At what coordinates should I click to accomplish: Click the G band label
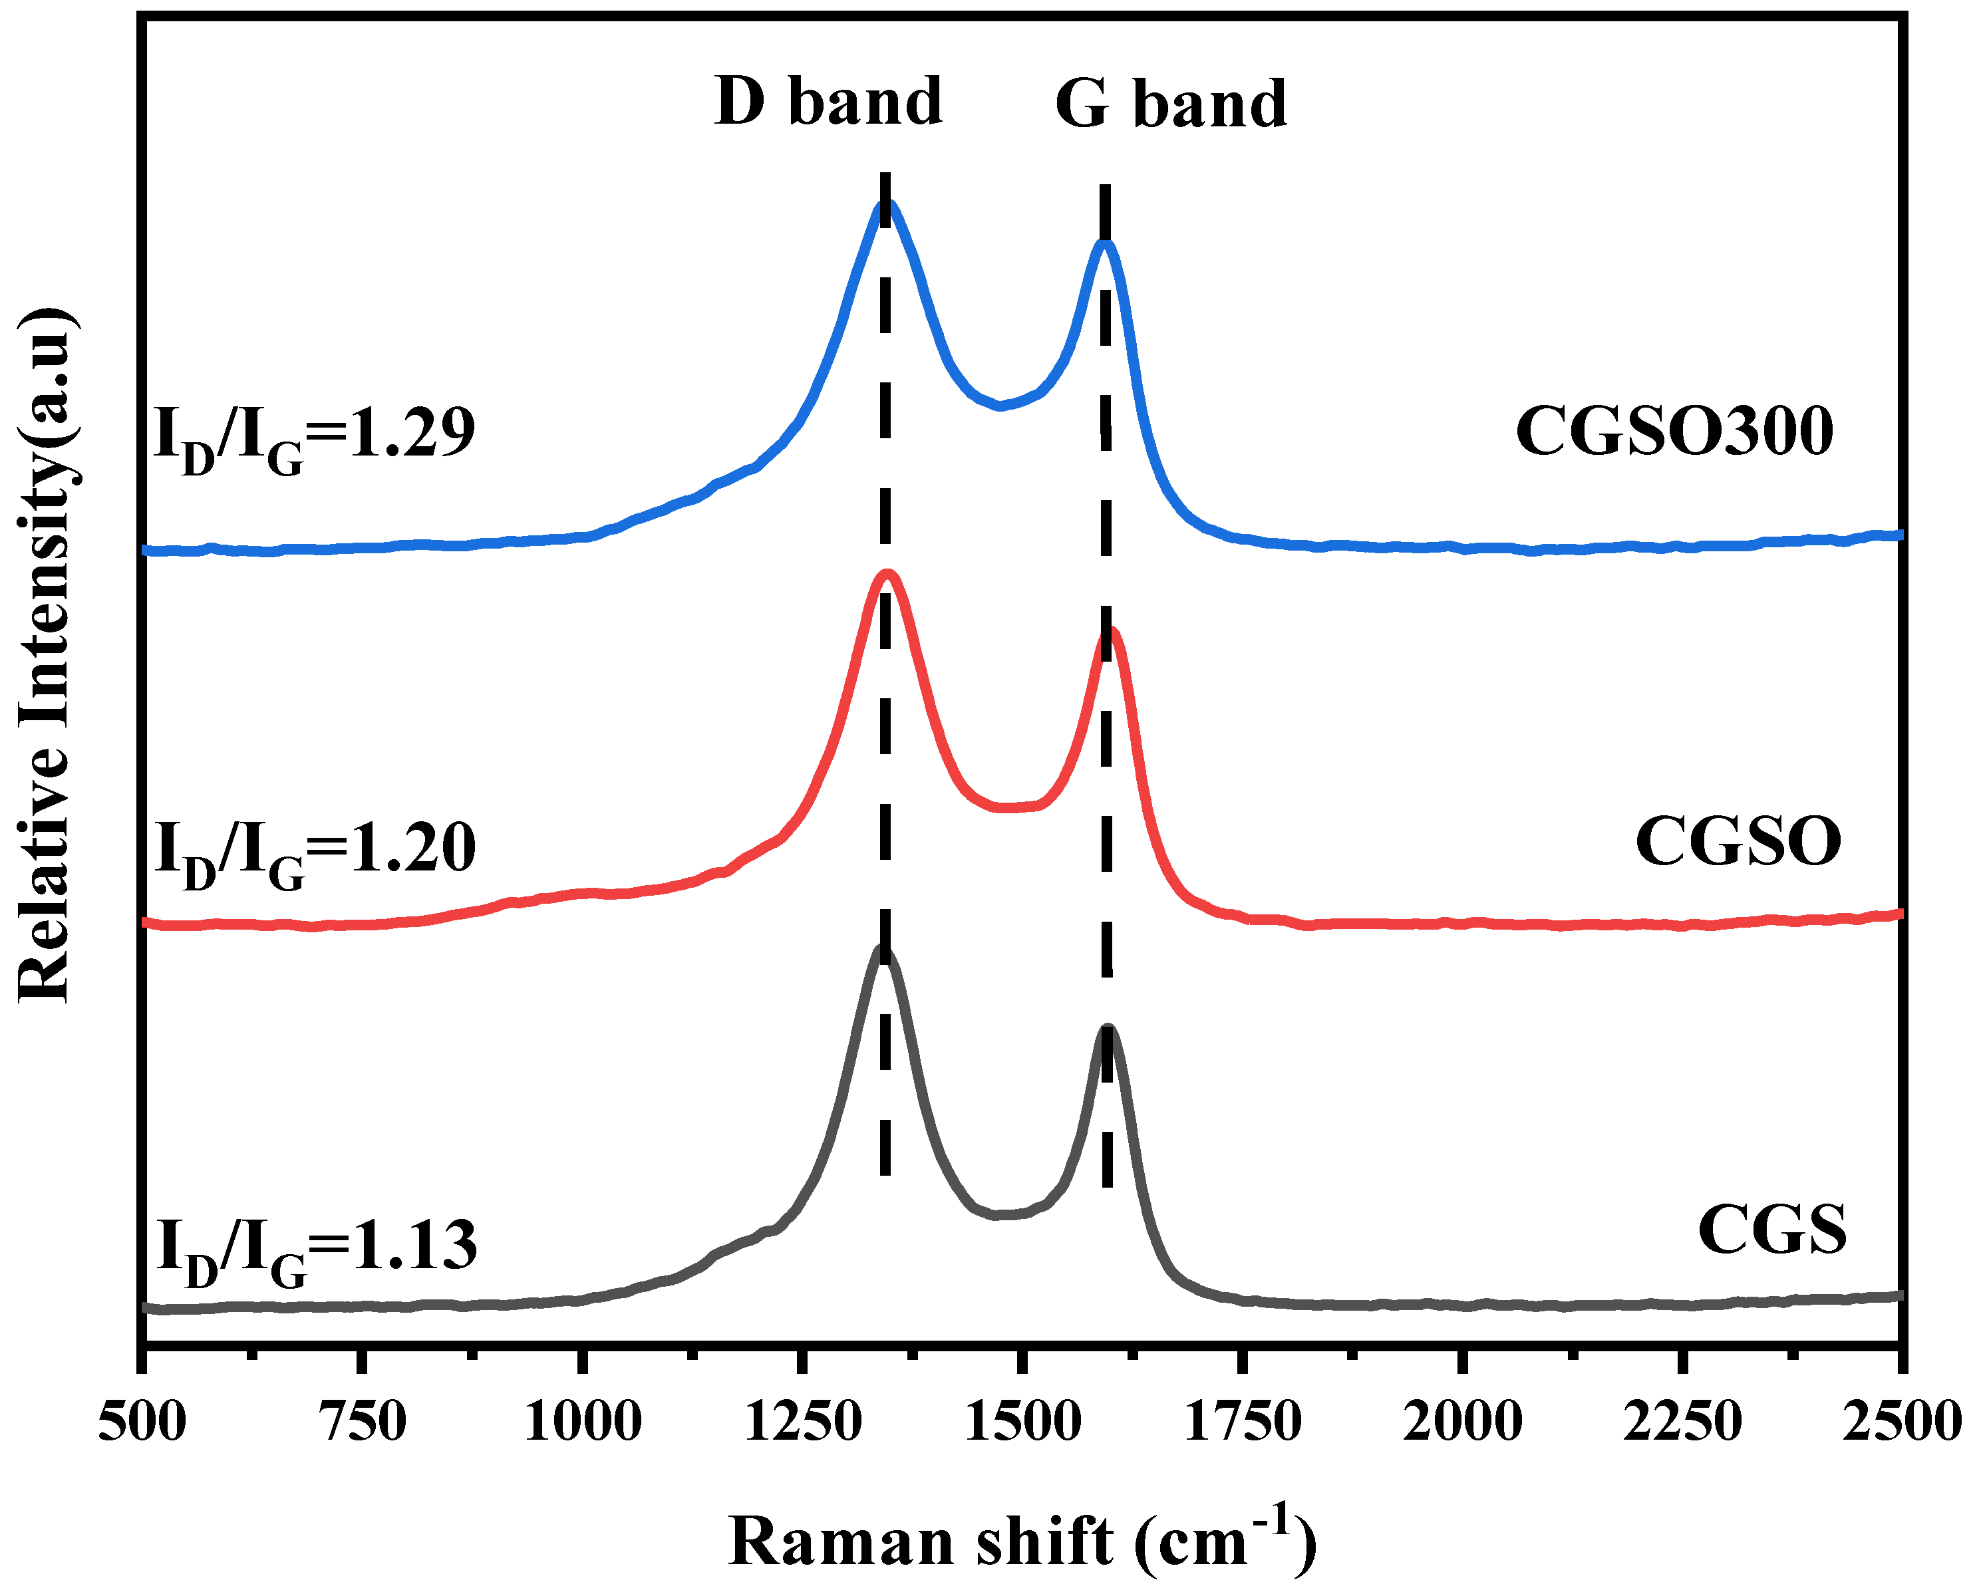coord(1170,103)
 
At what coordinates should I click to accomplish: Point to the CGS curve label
coord(1771,1230)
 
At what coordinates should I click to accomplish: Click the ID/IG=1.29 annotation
coord(315,435)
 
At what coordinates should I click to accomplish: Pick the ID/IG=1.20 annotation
coord(315,849)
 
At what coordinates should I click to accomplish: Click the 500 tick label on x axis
coord(142,1422)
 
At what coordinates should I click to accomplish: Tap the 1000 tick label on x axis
coord(581,1422)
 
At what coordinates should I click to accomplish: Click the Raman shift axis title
coord(1021,1540)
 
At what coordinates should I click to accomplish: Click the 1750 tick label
coord(1242,1422)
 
